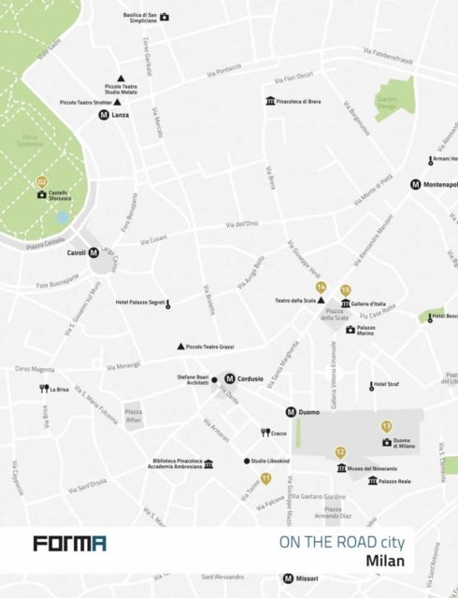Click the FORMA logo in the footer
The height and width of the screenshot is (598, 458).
click(x=69, y=543)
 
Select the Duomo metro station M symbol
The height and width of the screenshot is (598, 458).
click(x=291, y=412)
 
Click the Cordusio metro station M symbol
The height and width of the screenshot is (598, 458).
click(x=229, y=378)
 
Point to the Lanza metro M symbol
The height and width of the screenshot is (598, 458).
click(x=104, y=115)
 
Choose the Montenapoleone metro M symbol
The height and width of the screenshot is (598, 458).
click(x=415, y=184)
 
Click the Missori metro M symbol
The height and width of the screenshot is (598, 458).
click(x=288, y=578)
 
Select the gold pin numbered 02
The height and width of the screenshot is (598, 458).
click(x=41, y=181)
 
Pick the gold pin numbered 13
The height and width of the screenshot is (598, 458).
click(x=386, y=426)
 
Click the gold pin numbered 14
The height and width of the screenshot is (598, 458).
click(x=321, y=287)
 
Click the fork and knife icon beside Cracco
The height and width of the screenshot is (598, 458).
click(x=265, y=433)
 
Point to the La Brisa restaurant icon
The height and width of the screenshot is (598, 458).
click(x=43, y=389)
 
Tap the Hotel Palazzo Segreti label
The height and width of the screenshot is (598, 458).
click(x=140, y=303)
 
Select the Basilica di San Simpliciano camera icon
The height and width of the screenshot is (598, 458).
click(x=165, y=17)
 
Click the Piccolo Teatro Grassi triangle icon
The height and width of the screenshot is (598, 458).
click(x=180, y=347)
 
